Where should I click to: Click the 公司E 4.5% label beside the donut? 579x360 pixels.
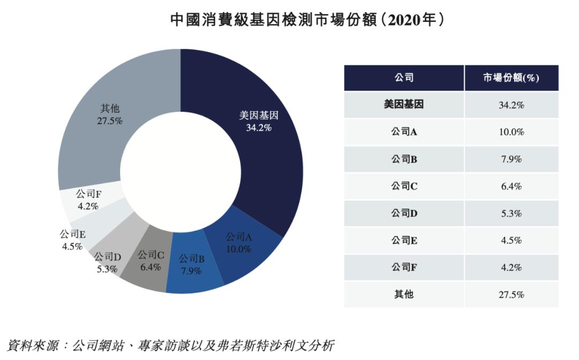coord(72,240)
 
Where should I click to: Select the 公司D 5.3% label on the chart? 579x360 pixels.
coord(107,263)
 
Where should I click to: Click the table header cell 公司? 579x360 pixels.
coord(404,78)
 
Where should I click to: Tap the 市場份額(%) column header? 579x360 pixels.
coord(511,78)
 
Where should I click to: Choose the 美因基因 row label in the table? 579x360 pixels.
coord(404,104)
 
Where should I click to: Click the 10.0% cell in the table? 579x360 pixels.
coord(511,132)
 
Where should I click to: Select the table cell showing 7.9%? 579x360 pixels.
coord(511,159)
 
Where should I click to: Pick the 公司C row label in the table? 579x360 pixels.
coord(404,186)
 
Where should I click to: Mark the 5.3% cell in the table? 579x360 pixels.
coord(511,214)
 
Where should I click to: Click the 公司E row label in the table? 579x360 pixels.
coord(404,241)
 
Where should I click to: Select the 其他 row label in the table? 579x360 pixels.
coord(404,295)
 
